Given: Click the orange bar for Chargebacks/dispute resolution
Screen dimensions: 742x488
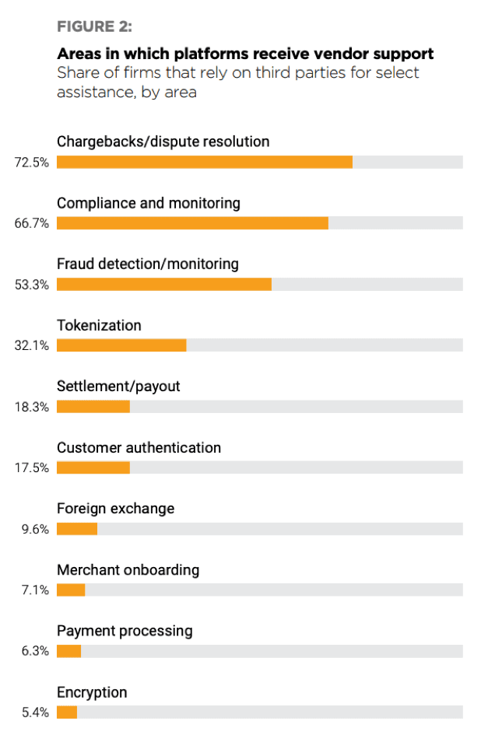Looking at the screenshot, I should (x=204, y=163).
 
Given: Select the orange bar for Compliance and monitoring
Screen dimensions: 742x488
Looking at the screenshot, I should (x=192, y=223).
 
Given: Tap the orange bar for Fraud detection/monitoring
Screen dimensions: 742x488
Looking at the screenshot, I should (x=164, y=285).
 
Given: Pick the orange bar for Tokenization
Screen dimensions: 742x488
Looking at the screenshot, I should (x=121, y=345).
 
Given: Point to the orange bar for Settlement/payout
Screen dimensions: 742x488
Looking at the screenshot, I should (x=93, y=407).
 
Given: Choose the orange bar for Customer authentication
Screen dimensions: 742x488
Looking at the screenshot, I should (x=93, y=467).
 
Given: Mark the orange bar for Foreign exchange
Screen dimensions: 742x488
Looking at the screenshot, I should (x=77, y=529).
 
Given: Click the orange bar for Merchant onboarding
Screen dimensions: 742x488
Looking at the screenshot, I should (x=71, y=590).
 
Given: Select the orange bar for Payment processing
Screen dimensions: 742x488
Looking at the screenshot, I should (x=69, y=651).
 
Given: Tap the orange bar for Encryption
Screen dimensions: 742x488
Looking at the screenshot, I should (x=67, y=712).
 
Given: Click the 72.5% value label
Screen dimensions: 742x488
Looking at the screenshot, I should (x=32, y=163).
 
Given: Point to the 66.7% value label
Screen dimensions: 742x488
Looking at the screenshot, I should (x=32, y=223).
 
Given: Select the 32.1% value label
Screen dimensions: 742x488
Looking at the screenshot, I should (x=32, y=345).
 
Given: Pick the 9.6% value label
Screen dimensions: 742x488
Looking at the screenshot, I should (x=35, y=529).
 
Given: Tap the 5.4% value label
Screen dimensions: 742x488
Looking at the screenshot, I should (x=35, y=712).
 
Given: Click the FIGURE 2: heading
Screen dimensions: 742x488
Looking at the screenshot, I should (x=94, y=27).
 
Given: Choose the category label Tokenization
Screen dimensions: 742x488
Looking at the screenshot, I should (x=99, y=325).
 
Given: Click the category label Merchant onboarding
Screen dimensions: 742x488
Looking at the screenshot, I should (x=128, y=570).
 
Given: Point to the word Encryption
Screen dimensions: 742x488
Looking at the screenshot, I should (x=92, y=692).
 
